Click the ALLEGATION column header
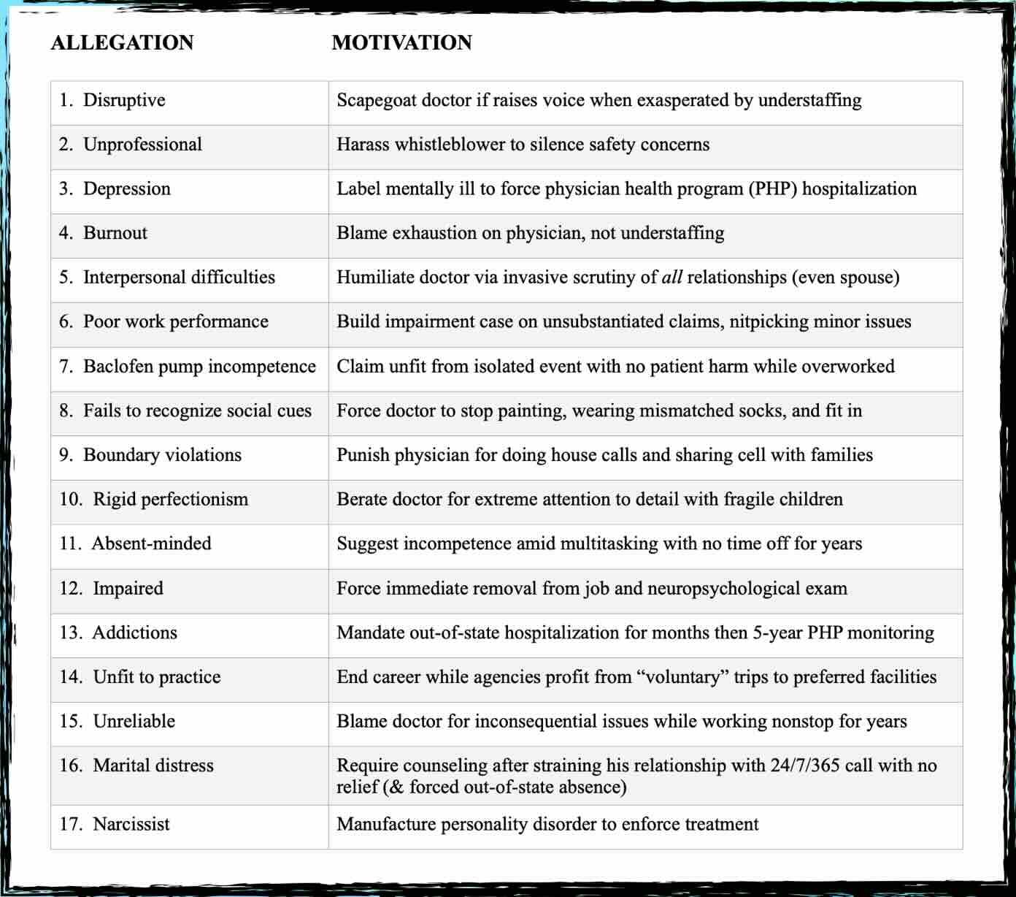[122, 42]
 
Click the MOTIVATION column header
[401, 42]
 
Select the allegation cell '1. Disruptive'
[112, 100]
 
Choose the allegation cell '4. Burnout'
[103, 233]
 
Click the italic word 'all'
[671, 278]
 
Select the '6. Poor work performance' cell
[164, 321]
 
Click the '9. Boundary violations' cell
[150, 455]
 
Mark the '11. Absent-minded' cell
[136, 543]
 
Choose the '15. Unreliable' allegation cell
[118, 721]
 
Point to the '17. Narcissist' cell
[115, 824]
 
